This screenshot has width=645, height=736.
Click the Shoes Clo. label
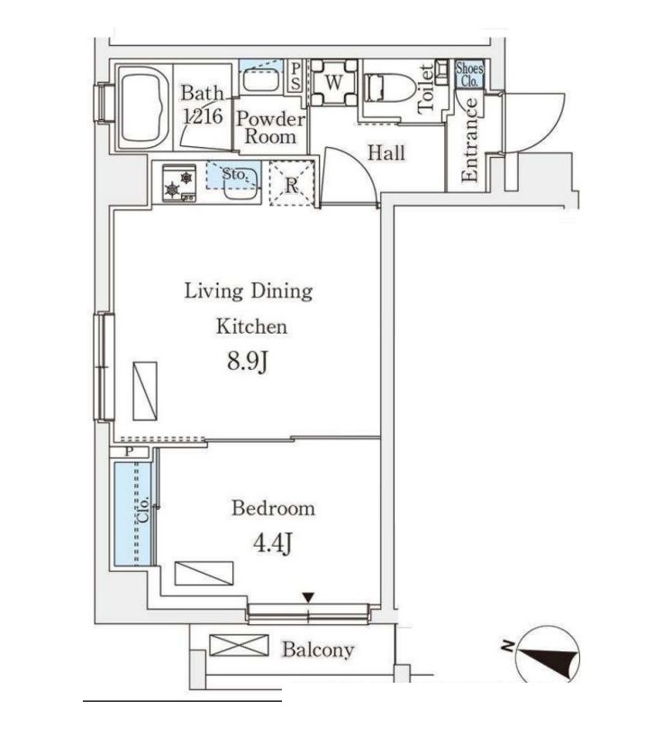tap(468, 74)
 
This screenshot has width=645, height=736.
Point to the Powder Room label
tap(270, 128)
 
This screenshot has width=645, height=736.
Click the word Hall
tap(386, 153)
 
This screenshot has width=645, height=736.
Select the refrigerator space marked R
tap(292, 183)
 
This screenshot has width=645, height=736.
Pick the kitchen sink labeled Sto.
tap(237, 179)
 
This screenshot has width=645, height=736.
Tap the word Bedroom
tap(274, 509)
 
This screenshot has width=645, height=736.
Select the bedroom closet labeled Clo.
tap(134, 512)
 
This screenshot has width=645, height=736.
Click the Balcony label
tap(317, 649)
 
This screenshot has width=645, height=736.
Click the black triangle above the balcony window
tap(308, 596)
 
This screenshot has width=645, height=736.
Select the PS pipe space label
tap(295, 75)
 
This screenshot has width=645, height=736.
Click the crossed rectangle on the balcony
tap(240, 646)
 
